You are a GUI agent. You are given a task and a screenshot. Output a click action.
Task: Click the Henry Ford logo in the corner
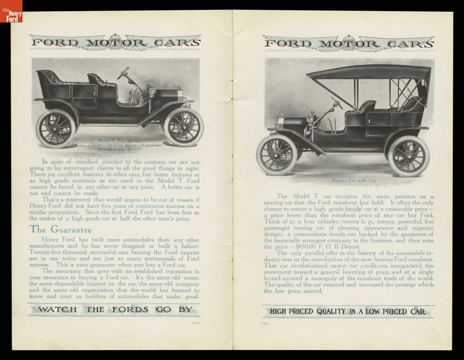(11, 11)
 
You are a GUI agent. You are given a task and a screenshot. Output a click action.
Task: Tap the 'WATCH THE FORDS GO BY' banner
(116, 310)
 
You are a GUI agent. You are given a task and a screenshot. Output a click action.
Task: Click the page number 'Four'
(196, 322)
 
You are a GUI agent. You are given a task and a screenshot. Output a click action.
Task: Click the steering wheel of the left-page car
(123, 73)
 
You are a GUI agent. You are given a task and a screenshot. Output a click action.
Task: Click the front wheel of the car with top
(277, 154)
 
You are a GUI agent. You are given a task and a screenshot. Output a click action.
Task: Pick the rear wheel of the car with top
(408, 156)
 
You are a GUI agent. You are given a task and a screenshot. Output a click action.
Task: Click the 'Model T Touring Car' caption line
(119, 141)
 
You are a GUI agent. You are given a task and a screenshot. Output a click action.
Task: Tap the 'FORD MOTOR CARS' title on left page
(115, 44)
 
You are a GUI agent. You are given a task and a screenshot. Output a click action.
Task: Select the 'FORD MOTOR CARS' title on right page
(348, 44)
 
